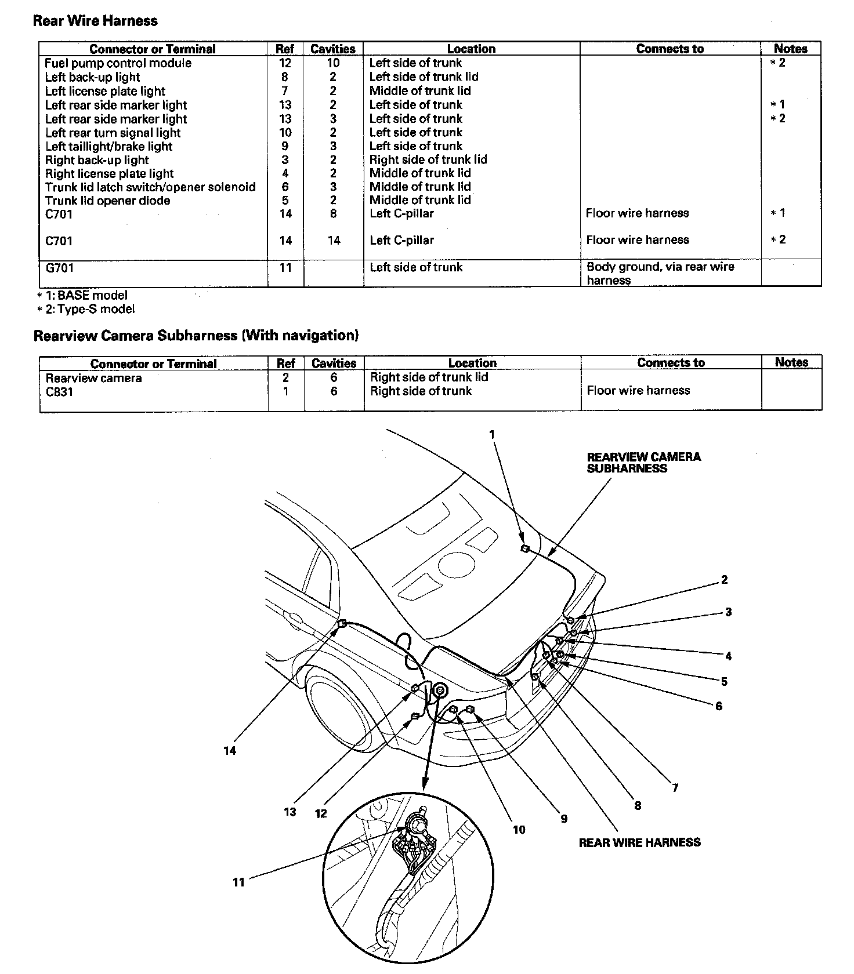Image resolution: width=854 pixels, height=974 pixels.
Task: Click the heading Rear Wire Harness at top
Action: click(95, 21)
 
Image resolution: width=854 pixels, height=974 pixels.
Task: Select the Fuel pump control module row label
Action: click(118, 63)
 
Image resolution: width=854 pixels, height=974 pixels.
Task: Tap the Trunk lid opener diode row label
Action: click(108, 201)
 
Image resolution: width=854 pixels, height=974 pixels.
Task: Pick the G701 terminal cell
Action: click(59, 268)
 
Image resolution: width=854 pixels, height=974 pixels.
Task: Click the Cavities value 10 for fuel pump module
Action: click(333, 63)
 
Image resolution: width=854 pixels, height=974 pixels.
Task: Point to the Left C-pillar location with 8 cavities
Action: click(401, 213)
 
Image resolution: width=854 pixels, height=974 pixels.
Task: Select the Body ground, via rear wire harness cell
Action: click(660, 273)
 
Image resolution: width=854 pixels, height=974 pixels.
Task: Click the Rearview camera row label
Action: click(93, 378)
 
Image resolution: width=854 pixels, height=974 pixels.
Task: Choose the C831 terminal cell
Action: click(59, 392)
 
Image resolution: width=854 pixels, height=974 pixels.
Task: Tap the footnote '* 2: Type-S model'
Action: click(86, 309)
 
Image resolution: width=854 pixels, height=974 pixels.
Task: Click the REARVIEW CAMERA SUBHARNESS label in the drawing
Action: click(643, 463)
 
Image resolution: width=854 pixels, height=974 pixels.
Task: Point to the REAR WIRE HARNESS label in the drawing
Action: click(639, 842)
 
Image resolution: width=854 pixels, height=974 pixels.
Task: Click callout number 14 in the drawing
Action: click(230, 751)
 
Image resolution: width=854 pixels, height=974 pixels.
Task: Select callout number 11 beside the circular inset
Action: click(238, 882)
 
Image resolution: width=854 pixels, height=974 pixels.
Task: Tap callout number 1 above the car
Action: click(492, 434)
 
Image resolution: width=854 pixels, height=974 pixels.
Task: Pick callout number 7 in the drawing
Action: click(675, 788)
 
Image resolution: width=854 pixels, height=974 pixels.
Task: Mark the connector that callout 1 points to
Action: click(524, 548)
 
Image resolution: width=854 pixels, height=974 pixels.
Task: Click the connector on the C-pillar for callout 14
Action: click(342, 624)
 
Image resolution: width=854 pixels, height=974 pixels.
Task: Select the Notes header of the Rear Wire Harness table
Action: click(790, 49)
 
